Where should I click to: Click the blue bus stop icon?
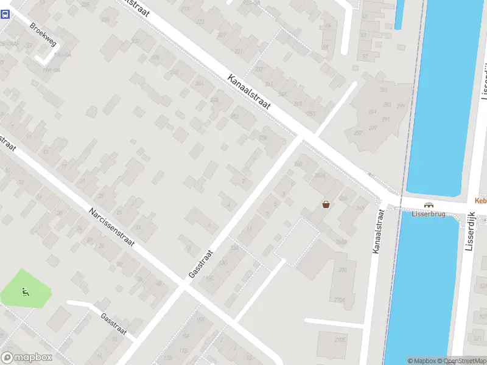pos(5,15)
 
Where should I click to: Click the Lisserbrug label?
pos(429,214)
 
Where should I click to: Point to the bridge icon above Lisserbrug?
pos(429,205)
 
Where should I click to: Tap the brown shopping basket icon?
pos(326,204)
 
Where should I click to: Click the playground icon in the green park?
pos(26,291)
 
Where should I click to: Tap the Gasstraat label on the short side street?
pos(114,324)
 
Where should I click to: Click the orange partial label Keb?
pos(480,201)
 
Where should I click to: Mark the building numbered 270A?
pos(340,299)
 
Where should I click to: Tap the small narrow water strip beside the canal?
pos(399,15)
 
